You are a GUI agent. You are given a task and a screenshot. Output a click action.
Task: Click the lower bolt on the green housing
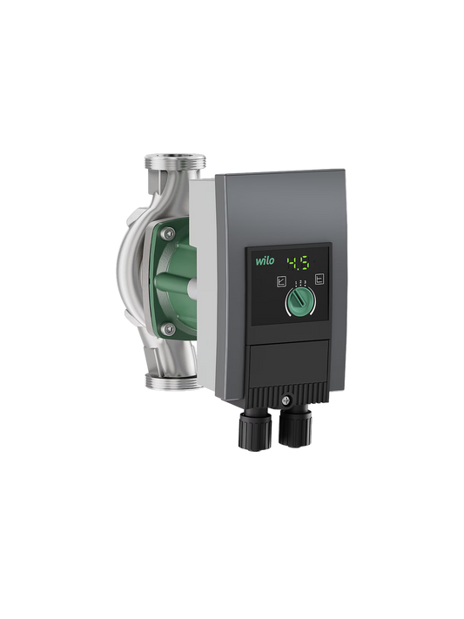tap(170, 329)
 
